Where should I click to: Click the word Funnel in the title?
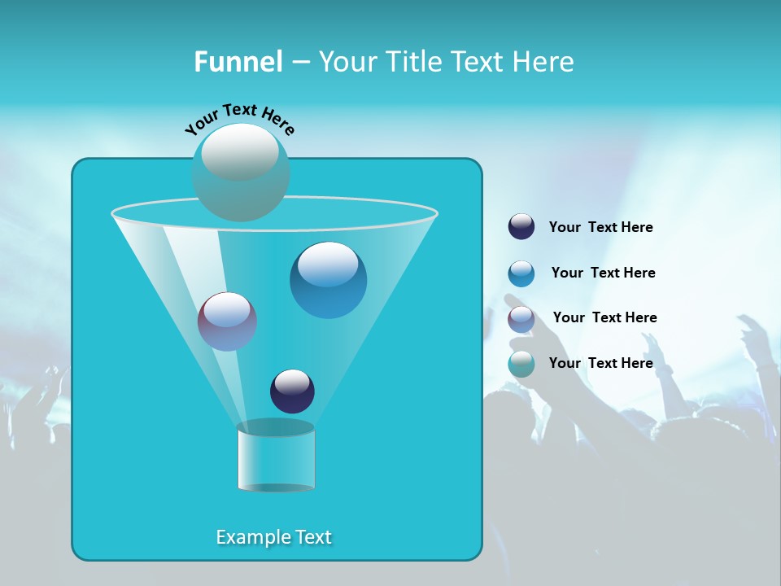238,62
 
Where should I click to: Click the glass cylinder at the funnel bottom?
276,457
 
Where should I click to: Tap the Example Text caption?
273,537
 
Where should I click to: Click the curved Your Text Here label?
240,118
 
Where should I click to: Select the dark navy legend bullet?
521,227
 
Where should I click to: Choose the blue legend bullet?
521,273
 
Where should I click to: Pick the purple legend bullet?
521,319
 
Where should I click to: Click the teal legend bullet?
521,364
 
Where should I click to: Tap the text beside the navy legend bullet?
600,227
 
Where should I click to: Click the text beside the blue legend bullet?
603,273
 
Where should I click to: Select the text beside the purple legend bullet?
604,317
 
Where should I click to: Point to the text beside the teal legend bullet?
600,363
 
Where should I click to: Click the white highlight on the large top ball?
240,151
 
